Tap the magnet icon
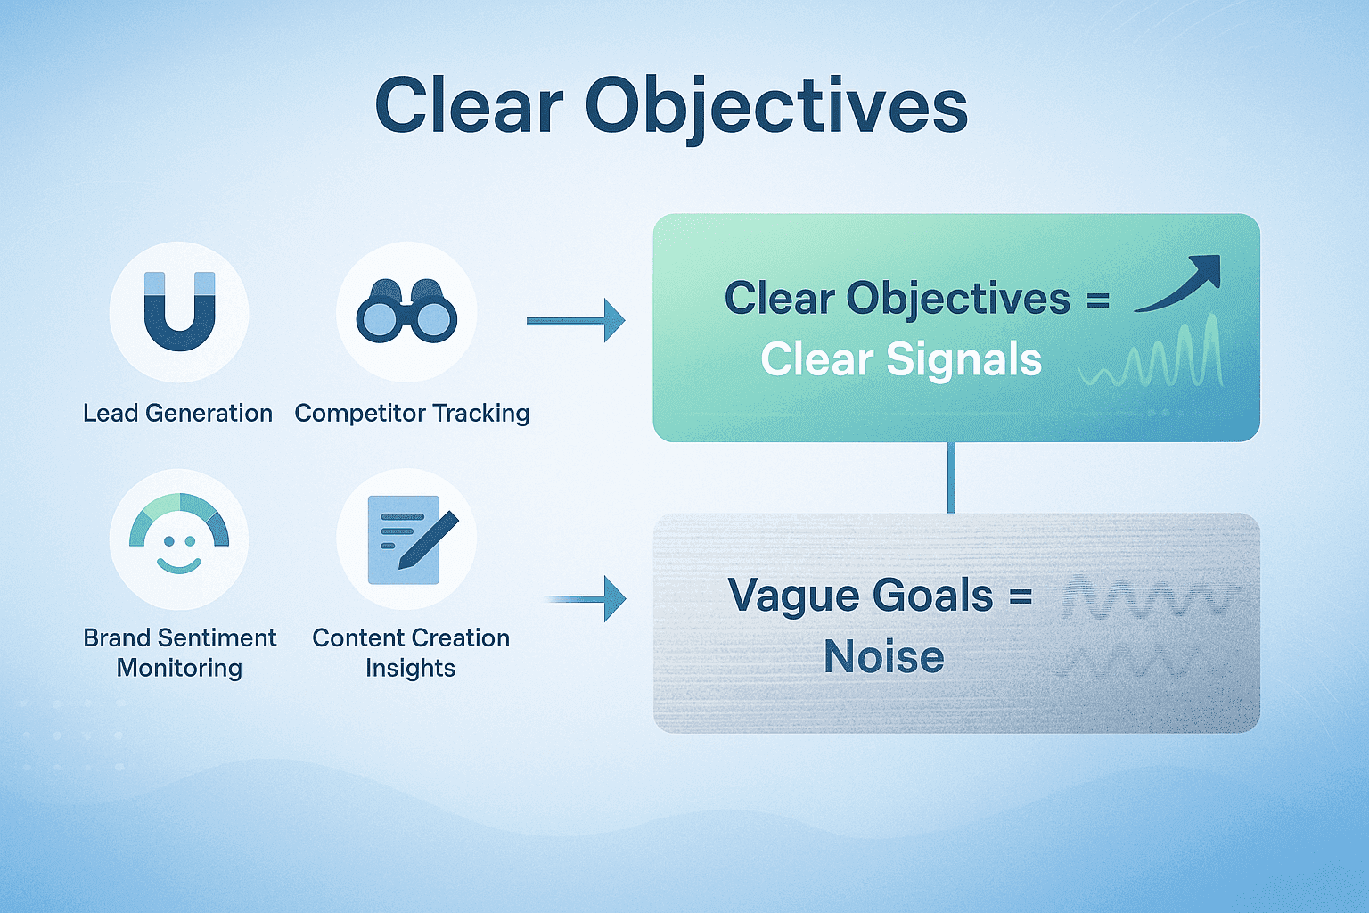tap(179, 311)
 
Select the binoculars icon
tap(406, 311)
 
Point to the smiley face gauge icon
tap(179, 538)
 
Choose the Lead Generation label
tap(177, 413)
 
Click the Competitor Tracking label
tap(412, 413)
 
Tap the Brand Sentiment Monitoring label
tap(179, 653)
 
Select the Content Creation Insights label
tap(410, 653)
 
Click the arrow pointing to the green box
tap(576, 320)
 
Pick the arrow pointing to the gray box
tap(586, 598)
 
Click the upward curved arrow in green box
tap(1178, 283)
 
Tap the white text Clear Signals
tap(901, 360)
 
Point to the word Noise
tap(883, 657)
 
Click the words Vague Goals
tap(860, 596)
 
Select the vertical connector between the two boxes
tap(951, 477)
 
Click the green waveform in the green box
tap(1152, 357)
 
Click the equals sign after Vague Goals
tap(1021, 596)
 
